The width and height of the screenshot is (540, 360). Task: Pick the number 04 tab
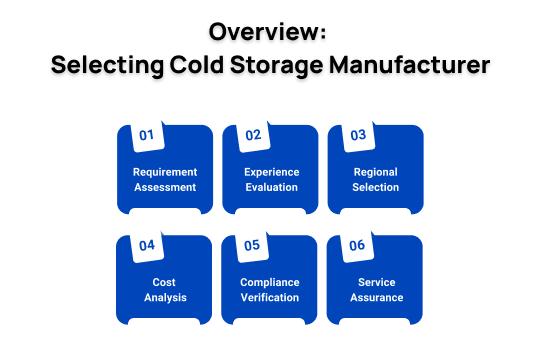147,245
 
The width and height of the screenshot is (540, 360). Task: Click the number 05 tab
252,245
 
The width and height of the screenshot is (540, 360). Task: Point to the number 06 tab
357,245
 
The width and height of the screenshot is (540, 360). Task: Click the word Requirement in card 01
165,172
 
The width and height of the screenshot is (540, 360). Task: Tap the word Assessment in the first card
165,187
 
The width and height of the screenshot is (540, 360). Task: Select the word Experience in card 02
271,172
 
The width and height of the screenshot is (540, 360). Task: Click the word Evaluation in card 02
271,187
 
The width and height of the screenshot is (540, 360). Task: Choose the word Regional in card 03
376,172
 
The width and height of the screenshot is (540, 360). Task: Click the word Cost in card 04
165,282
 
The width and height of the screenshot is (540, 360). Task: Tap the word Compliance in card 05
271,282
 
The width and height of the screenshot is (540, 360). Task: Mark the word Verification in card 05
271,297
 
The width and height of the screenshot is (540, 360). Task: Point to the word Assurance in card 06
376,297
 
